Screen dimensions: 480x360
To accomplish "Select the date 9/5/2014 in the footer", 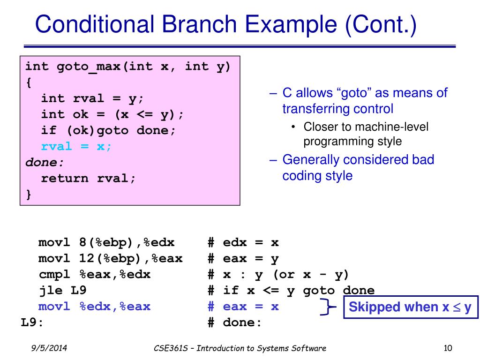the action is (47, 348).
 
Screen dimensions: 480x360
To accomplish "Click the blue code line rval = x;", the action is (76, 146).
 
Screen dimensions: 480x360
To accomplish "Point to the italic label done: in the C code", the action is (44, 162).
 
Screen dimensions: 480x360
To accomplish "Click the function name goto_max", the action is (89, 67).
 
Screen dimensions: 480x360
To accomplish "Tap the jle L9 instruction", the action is (62, 291).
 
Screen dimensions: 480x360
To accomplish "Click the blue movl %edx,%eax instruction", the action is (94, 307).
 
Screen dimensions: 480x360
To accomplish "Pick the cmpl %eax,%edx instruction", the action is (94, 275).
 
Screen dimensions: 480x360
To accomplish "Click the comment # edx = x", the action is (243, 243).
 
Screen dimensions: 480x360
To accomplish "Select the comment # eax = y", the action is (243, 259).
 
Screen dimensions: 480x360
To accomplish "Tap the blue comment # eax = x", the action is (243, 307).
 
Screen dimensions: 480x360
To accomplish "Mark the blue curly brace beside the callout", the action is (328, 307).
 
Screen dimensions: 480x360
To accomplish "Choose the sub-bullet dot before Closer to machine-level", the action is (293, 127).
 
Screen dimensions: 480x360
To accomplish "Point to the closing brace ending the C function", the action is (29, 194).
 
